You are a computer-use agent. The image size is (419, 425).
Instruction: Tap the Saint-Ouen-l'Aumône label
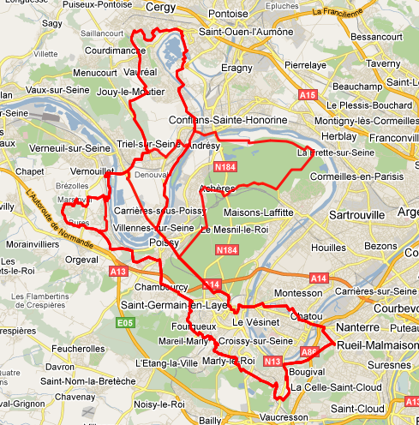(x=246, y=32)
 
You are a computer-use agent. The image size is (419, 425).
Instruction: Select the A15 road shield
(x=308, y=94)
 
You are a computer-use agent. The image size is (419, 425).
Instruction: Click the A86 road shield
(x=309, y=350)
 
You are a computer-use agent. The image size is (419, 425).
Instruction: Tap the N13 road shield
(x=272, y=362)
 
